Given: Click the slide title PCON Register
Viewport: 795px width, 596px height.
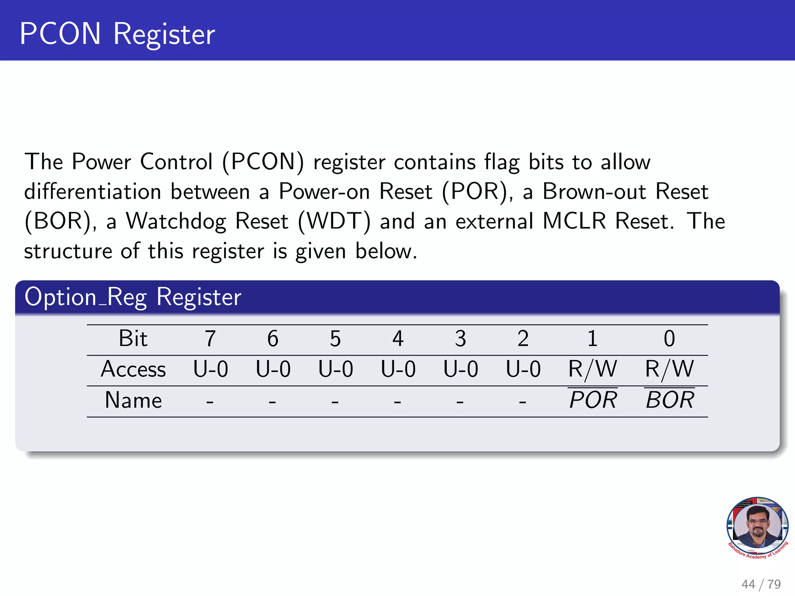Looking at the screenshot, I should pyautogui.click(x=117, y=34).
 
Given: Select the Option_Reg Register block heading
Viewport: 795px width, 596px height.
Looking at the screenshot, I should pyautogui.click(x=133, y=297).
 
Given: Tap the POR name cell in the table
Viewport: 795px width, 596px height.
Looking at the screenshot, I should pyautogui.click(x=593, y=400).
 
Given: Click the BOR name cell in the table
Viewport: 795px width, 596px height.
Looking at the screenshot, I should pyautogui.click(x=670, y=400).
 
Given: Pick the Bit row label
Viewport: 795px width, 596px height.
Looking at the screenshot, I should pyautogui.click(x=133, y=338).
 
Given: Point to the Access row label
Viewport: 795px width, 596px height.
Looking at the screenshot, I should pyautogui.click(x=133, y=369).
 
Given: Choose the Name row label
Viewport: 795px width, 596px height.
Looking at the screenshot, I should pyautogui.click(x=133, y=400).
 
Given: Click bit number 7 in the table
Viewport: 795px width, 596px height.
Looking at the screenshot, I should pyautogui.click(x=210, y=339).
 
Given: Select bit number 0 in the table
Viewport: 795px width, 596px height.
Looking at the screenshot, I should pyautogui.click(x=669, y=339).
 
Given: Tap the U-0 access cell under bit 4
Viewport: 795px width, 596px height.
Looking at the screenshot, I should pyautogui.click(x=398, y=369).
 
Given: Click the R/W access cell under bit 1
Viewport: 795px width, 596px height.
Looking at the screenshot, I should pyautogui.click(x=592, y=369).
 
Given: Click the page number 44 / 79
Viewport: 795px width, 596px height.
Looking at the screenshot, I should pyautogui.click(x=761, y=584).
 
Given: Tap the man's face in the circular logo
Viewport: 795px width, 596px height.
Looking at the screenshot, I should pyautogui.click(x=757, y=524).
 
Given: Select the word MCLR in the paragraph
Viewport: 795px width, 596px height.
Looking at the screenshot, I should pyautogui.click(x=574, y=221).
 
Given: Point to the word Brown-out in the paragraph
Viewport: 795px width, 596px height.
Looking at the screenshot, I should pyautogui.click(x=594, y=192).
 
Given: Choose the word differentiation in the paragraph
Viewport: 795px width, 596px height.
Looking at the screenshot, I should pyautogui.click(x=93, y=192).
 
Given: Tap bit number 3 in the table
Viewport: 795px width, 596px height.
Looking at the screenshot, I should pyautogui.click(x=460, y=339).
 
